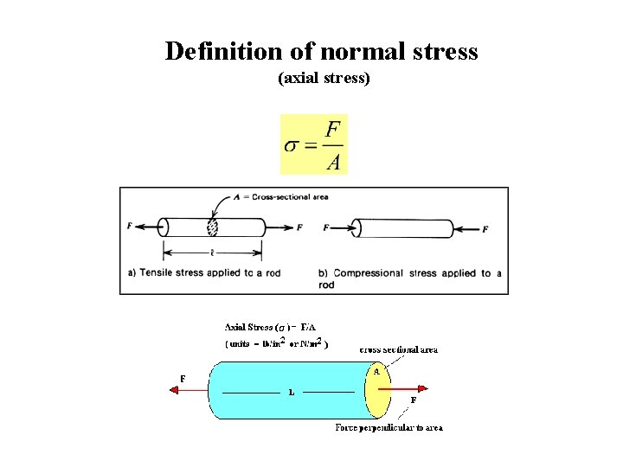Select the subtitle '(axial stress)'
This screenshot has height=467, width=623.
click(x=324, y=79)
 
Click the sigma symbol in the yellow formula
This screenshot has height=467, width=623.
click(x=294, y=144)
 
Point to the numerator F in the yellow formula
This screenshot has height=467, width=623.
click(x=333, y=128)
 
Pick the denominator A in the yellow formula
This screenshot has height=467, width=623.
click(x=333, y=161)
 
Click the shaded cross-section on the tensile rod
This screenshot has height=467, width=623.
click(x=212, y=227)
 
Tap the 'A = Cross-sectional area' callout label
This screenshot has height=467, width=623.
click(x=281, y=197)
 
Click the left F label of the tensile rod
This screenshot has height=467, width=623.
click(x=129, y=226)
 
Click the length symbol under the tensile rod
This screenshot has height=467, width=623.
click(x=212, y=253)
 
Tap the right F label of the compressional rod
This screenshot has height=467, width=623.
click(x=485, y=229)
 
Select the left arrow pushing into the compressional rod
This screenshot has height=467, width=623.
click(x=343, y=228)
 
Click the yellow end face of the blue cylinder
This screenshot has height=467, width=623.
click(x=376, y=391)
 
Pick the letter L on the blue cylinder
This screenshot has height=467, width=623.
click(x=291, y=392)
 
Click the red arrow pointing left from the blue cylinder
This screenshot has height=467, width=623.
click(x=190, y=390)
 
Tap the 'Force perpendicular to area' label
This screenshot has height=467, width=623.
click(x=389, y=428)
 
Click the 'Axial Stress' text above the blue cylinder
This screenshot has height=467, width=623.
click(x=248, y=327)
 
